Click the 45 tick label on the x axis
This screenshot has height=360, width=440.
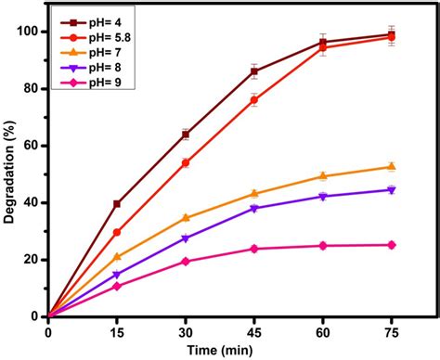point(253,329)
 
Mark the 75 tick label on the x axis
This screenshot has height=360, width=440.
point(391,329)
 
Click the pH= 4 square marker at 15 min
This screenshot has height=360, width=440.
point(117,203)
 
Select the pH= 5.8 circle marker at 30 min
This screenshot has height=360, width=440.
point(186,162)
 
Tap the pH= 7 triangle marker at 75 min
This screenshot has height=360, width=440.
point(391,166)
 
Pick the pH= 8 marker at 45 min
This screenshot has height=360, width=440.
point(253,209)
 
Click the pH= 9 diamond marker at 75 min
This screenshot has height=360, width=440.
point(391,245)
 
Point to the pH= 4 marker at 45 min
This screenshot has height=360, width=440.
point(253,71)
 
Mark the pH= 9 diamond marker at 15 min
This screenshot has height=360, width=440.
point(117,286)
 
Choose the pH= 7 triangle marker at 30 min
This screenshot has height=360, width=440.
point(186,217)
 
